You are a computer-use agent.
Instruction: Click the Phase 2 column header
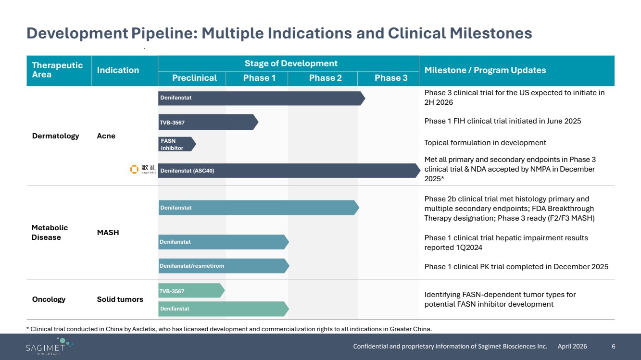click(326, 78)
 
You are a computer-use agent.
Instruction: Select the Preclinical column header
click(194, 78)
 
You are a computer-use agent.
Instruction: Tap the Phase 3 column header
click(391, 78)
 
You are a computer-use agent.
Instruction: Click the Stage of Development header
click(291, 63)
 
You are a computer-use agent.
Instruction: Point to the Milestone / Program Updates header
click(485, 70)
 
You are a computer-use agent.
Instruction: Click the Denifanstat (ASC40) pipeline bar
click(289, 171)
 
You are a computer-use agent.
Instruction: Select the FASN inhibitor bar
click(177, 144)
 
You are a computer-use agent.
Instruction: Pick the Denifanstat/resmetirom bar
click(224, 266)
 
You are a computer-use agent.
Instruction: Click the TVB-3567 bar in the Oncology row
click(191, 290)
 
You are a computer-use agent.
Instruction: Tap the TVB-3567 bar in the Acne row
click(208, 122)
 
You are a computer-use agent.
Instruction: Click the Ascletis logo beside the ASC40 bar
click(143, 169)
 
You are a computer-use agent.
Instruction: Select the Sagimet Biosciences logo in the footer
click(49, 346)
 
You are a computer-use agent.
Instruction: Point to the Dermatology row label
click(55, 136)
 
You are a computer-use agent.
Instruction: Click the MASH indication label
click(108, 233)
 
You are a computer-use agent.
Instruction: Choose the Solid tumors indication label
click(120, 299)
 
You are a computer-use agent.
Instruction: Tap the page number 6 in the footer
click(614, 347)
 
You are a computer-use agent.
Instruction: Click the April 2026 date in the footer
click(572, 347)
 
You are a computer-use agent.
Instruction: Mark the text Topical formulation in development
click(485, 143)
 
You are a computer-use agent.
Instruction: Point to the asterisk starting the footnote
click(28, 328)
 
